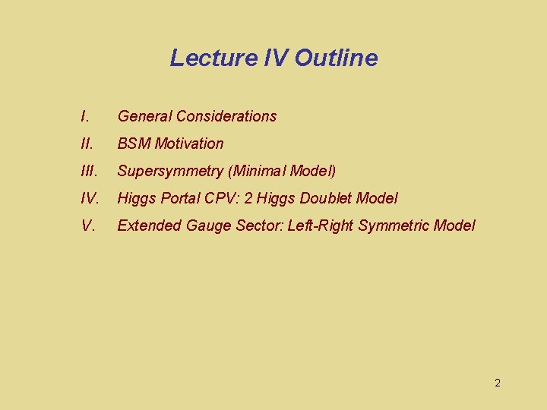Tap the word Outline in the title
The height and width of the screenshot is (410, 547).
coord(336,58)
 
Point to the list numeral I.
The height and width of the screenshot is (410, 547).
coord(84,116)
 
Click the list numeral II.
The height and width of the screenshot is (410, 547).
coord(86,143)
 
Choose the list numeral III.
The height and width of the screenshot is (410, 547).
coord(88,171)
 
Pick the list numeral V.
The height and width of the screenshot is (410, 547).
coord(87,225)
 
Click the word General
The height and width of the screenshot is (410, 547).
coord(144,116)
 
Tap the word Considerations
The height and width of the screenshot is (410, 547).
coord(226,116)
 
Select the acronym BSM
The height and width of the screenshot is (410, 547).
coord(134,143)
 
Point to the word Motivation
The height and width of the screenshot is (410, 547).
coord(189,143)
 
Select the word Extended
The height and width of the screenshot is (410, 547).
coord(147,225)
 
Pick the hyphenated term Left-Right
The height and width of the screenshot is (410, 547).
coord(321,225)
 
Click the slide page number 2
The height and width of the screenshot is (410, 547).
coord(498,383)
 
